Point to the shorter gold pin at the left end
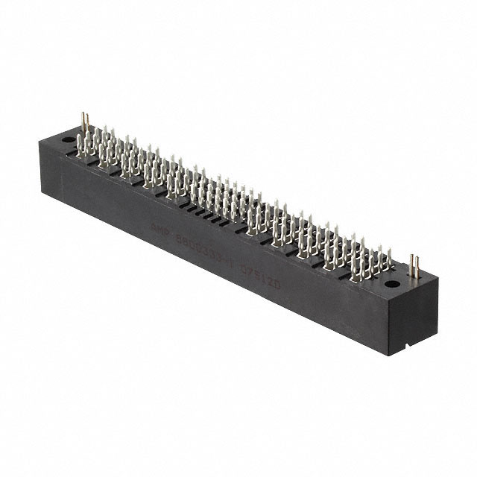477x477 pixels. [89, 125]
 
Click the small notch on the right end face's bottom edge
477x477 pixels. [402, 346]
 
